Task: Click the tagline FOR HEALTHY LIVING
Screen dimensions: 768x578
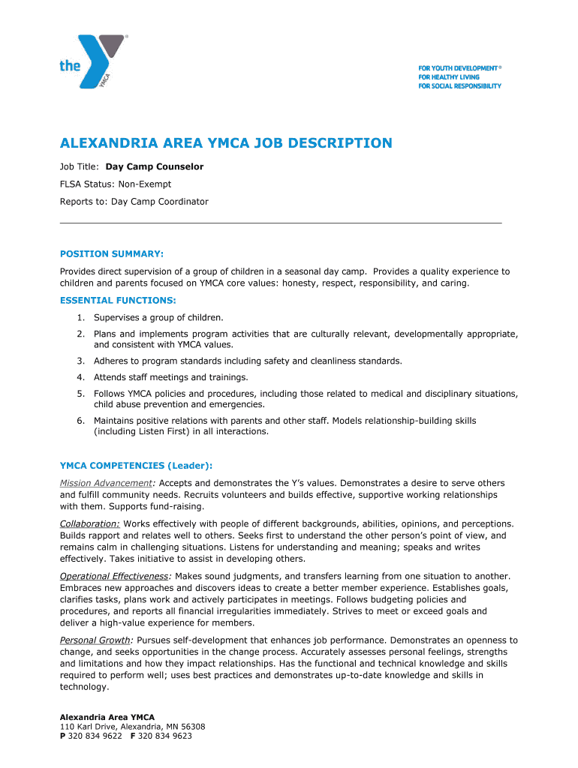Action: [x=449, y=77]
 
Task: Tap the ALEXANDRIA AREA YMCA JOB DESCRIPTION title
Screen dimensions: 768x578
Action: [x=226, y=142]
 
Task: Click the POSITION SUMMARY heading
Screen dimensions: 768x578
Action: [x=112, y=253]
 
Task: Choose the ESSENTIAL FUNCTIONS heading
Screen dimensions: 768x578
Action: [x=118, y=300]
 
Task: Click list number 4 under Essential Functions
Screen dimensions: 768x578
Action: [x=80, y=377]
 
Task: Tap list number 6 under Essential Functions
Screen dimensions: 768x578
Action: [x=80, y=421]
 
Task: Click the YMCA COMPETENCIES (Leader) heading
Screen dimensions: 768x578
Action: [x=141, y=465]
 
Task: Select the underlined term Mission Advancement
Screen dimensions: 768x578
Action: [x=106, y=483]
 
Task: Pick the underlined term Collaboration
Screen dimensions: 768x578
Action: [x=89, y=523]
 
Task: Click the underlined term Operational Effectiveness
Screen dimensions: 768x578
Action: [x=115, y=576]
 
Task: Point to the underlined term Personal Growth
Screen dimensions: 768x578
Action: [x=95, y=640]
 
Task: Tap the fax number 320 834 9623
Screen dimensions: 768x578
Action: [x=164, y=736]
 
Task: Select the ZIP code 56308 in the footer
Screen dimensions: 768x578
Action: [x=193, y=727]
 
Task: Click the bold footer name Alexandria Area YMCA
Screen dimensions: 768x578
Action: [x=107, y=717]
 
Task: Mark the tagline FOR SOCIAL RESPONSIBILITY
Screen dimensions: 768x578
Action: [x=459, y=86]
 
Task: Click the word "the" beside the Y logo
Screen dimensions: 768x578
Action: [x=70, y=66]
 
